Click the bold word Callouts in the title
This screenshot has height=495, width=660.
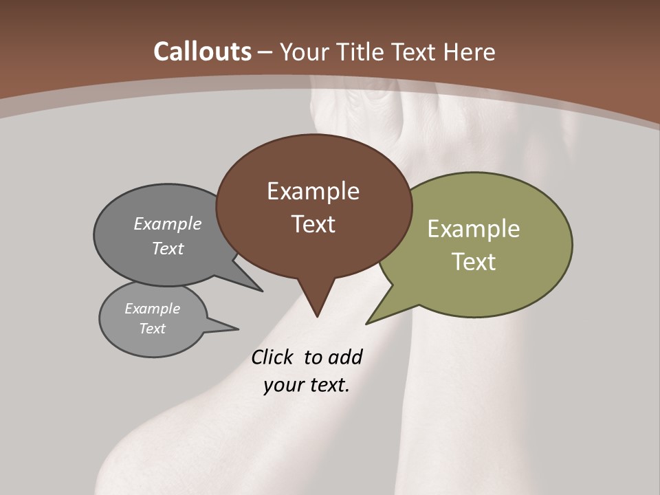[x=202, y=52]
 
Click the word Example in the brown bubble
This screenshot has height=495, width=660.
[x=313, y=191]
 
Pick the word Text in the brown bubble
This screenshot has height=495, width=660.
[x=313, y=224]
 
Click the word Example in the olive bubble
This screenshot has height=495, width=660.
[x=474, y=229]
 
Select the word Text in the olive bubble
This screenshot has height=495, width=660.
[x=474, y=262]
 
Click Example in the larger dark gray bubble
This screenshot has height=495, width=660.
[x=168, y=224]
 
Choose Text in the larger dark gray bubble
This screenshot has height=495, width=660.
[x=168, y=249]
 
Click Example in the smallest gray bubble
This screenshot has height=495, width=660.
[x=152, y=309]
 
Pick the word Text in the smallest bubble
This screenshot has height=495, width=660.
[x=152, y=329]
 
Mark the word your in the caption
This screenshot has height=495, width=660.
[x=282, y=386]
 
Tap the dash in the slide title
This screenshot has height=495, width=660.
[x=265, y=52]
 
